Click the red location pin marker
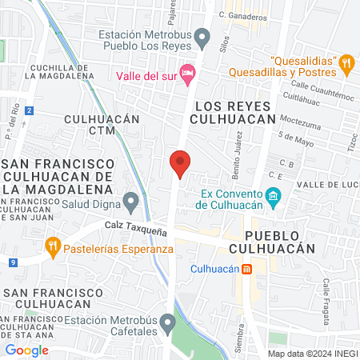(x=180, y=163)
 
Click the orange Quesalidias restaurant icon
(x=346, y=62)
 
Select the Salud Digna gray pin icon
(x=130, y=199)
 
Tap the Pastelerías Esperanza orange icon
(x=54, y=247)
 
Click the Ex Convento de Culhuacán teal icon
(x=273, y=196)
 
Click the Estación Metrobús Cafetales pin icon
(x=167, y=323)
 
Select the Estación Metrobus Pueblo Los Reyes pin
(x=203, y=36)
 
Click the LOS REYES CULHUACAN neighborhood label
(x=234, y=113)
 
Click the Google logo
(x=27, y=350)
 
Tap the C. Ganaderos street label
(x=242, y=14)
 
